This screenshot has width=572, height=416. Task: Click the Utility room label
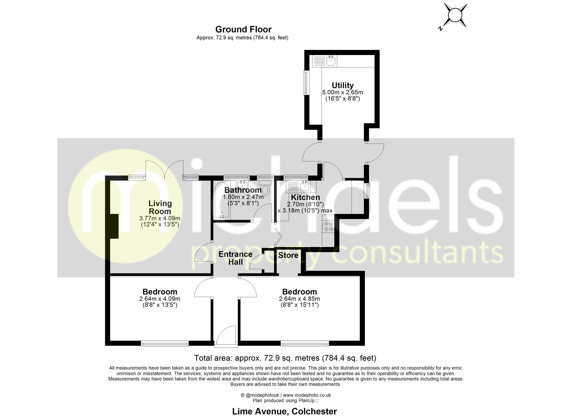[x=343, y=85]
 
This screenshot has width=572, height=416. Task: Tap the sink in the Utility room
[x=331, y=60]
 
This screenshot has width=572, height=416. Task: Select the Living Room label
[x=160, y=207]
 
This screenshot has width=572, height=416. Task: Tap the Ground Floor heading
[x=243, y=29]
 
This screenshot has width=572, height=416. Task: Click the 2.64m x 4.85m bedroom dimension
[x=299, y=299]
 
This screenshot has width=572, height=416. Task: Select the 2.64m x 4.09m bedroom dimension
[x=160, y=299]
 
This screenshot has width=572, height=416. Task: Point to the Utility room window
[x=306, y=83]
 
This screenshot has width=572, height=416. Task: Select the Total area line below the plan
[x=285, y=358]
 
